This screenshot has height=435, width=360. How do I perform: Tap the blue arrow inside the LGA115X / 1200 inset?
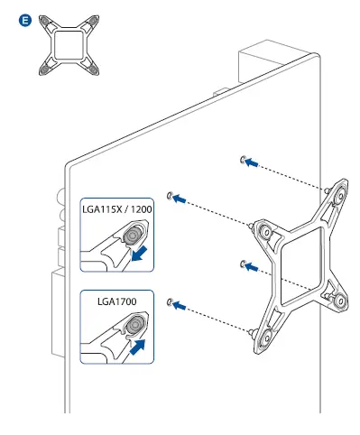pyautogui.click(x=141, y=255)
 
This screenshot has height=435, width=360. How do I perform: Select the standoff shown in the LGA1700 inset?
pyautogui.click(x=133, y=324)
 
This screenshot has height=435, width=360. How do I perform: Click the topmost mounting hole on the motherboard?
pyautogui.click(x=242, y=160)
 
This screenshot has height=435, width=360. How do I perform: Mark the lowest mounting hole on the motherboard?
pyautogui.click(x=171, y=300)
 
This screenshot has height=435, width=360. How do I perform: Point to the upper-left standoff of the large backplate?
pyautogui.click(x=265, y=231)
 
